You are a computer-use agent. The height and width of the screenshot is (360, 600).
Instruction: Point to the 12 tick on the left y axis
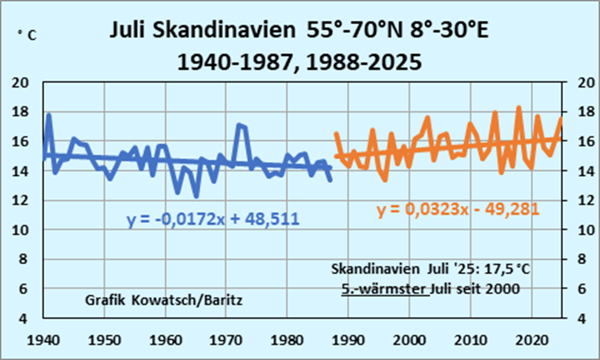coord(22,200)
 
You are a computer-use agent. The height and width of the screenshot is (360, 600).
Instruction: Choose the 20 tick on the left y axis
coord(22,83)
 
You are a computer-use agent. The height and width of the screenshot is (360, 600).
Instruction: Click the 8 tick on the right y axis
coord(579,259)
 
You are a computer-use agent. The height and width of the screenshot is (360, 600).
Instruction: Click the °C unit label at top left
coord(27,36)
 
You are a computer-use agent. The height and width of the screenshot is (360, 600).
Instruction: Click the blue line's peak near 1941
coord(49,115)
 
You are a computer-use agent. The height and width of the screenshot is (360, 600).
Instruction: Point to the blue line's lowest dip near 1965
coord(196,196)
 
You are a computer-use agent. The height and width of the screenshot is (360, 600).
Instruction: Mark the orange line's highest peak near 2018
coord(519,108)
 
